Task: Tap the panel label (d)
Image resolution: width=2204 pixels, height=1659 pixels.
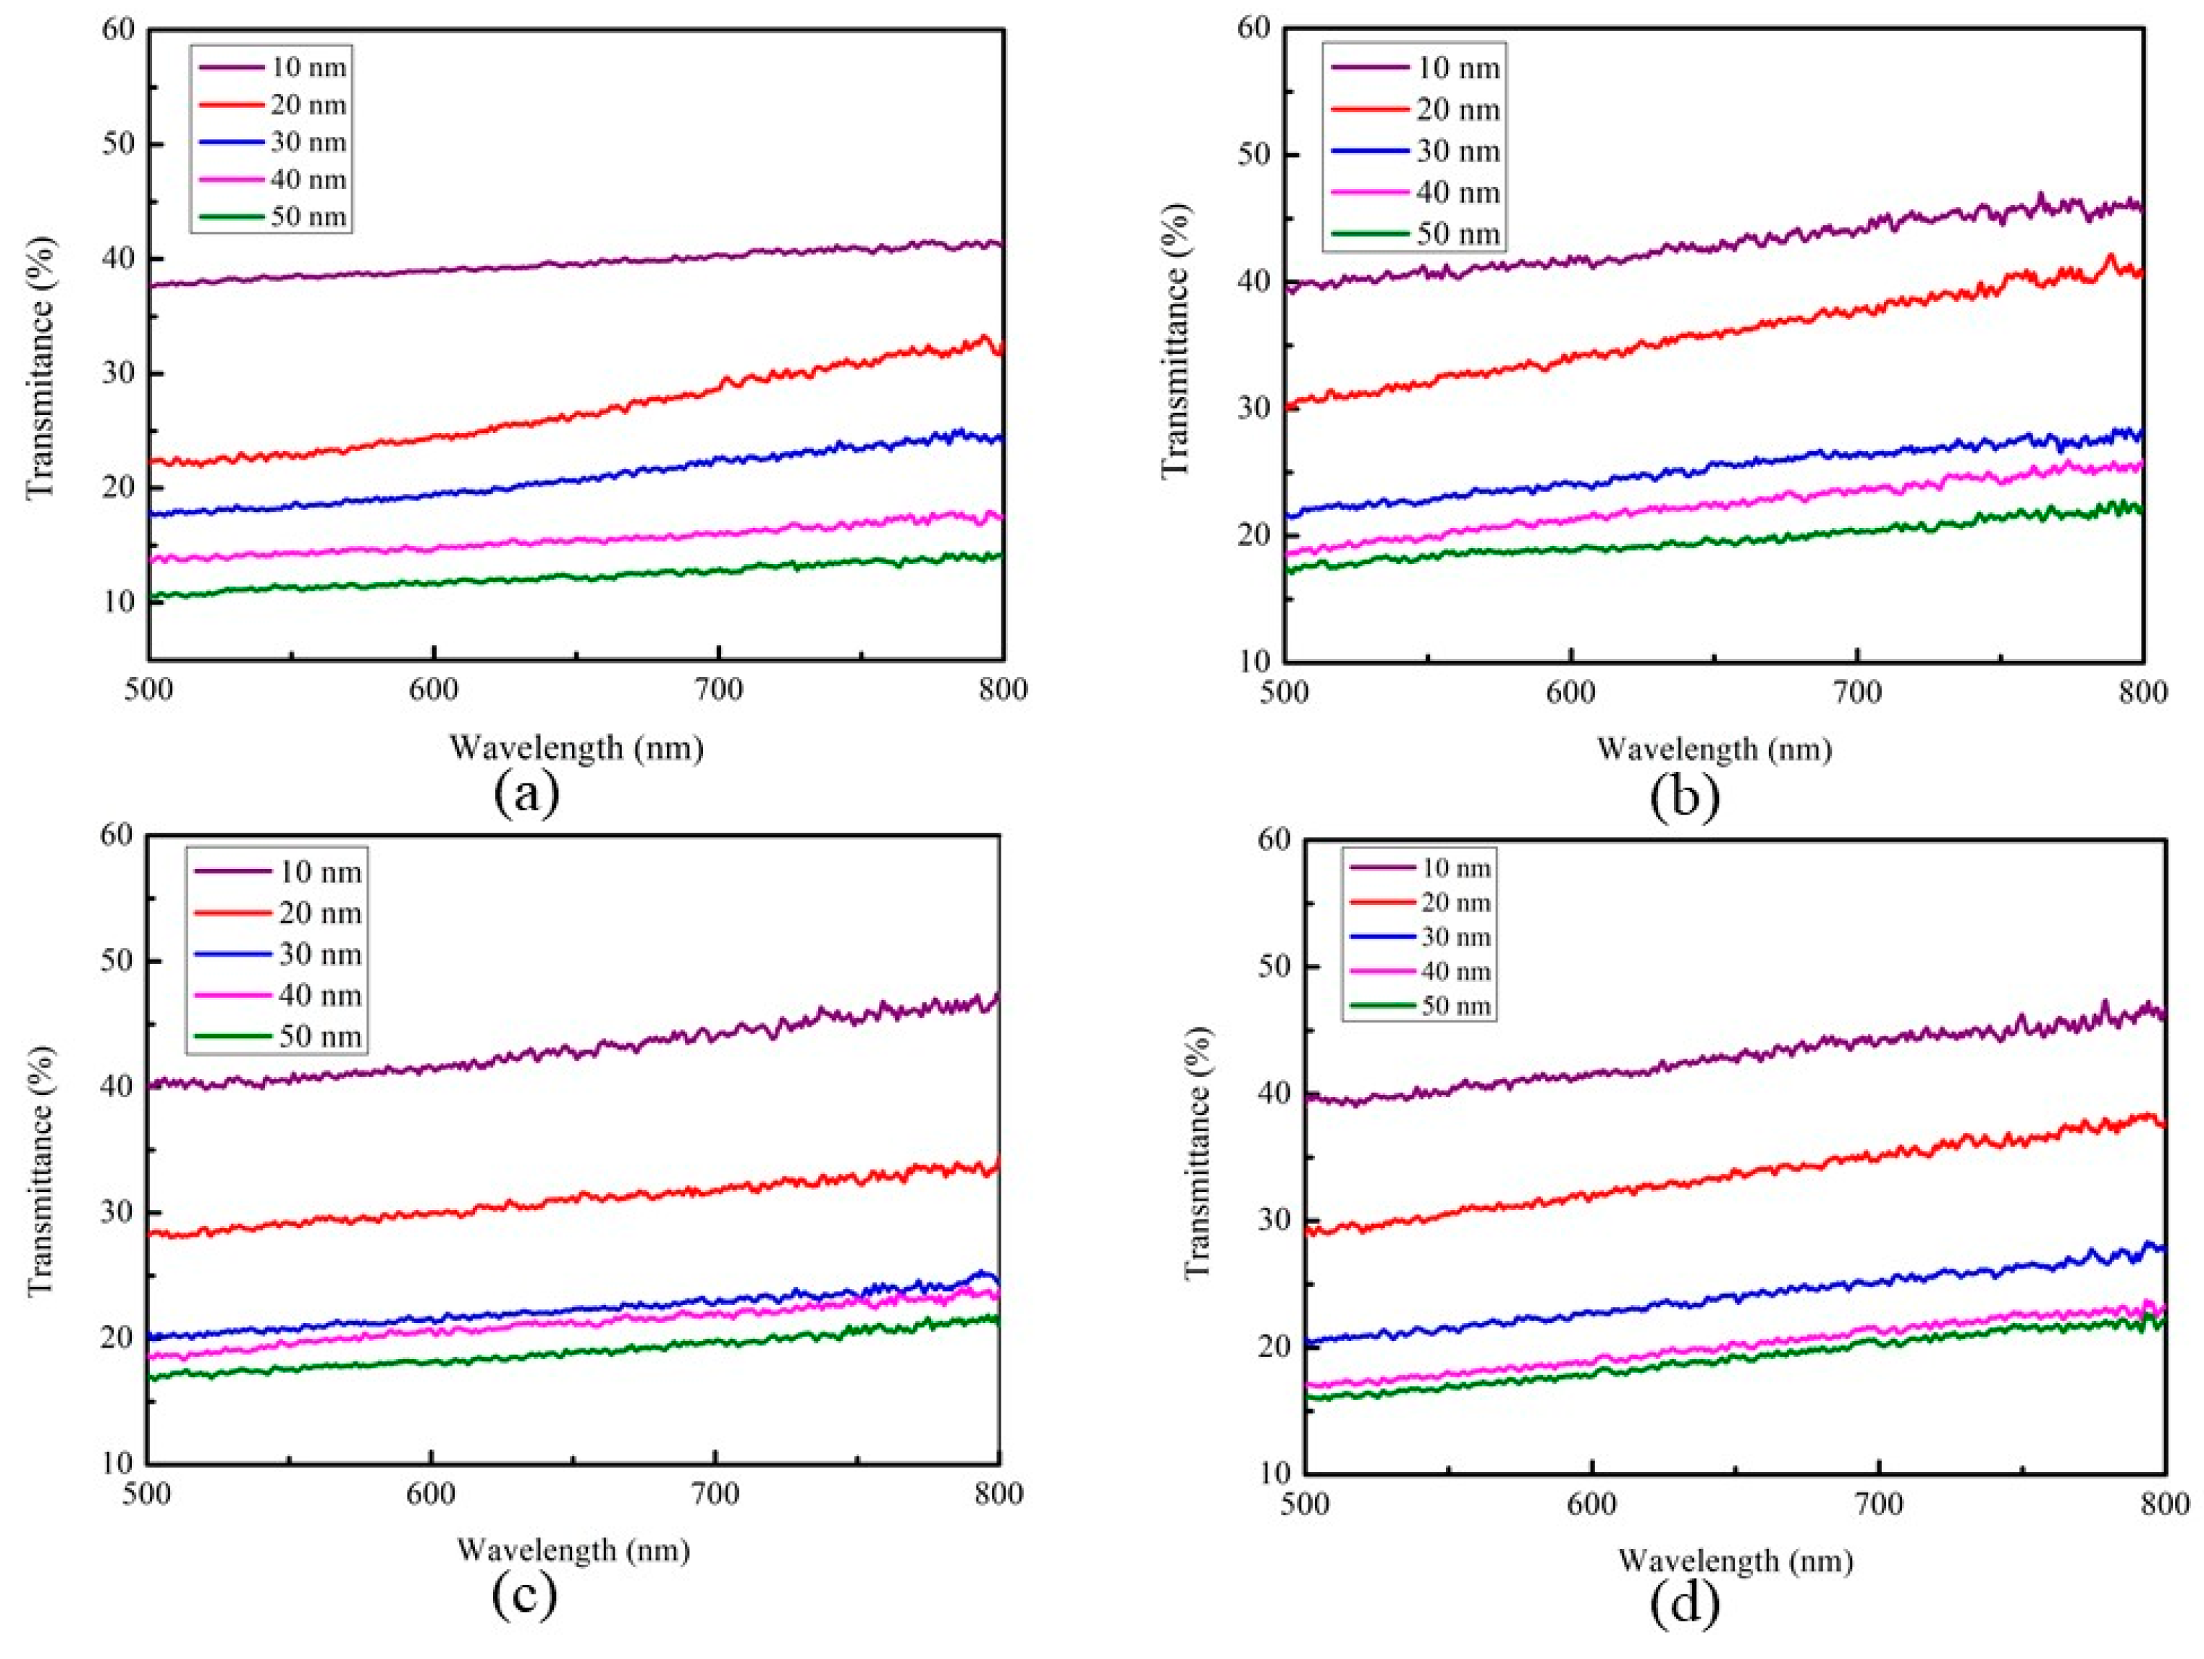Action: pyautogui.click(x=1684, y=1601)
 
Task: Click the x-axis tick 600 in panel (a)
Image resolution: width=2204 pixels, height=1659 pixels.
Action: pyautogui.click(x=434, y=689)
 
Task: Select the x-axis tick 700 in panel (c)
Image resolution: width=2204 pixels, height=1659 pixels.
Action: pyautogui.click(x=715, y=1492)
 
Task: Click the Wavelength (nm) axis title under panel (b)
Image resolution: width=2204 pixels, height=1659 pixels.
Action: pyautogui.click(x=1714, y=748)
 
